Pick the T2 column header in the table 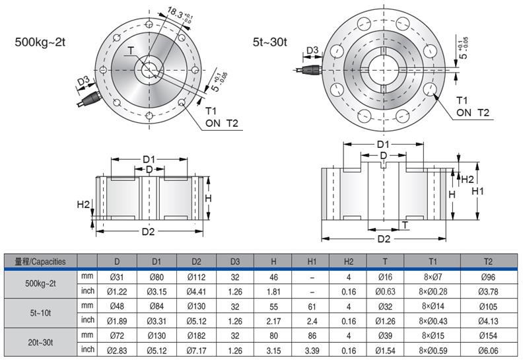[x=487, y=261]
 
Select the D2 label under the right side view [x=383, y=238]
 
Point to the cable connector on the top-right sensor [x=306, y=67]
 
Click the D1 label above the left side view [x=149, y=159]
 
